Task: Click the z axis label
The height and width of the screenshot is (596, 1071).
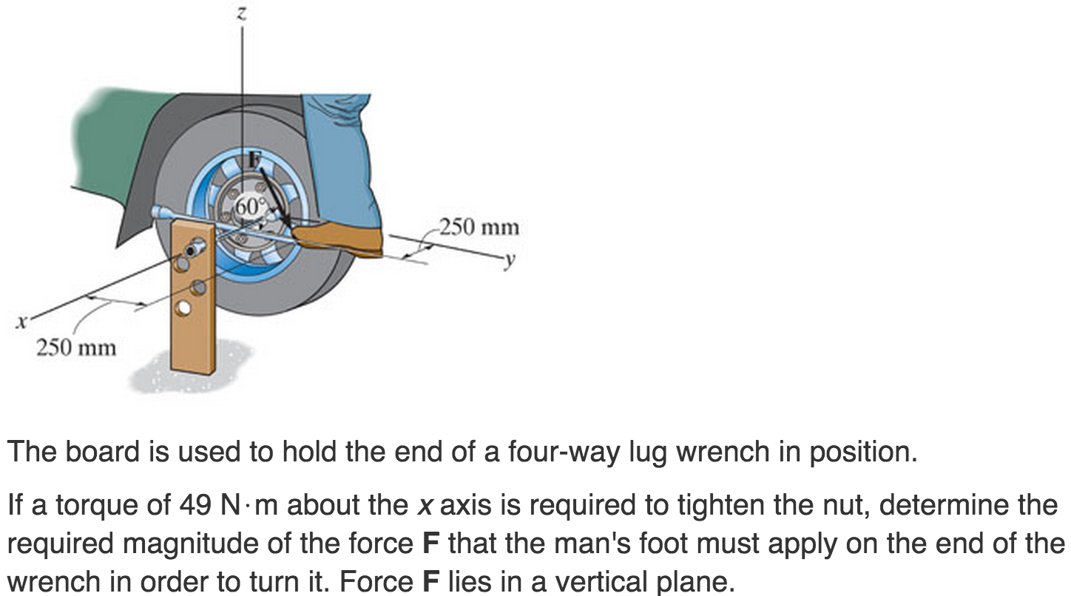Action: pos(242,13)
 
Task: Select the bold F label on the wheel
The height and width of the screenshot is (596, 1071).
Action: pos(254,158)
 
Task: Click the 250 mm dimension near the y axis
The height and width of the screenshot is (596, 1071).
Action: pos(479,227)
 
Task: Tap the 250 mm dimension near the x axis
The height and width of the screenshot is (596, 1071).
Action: pos(76,347)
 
